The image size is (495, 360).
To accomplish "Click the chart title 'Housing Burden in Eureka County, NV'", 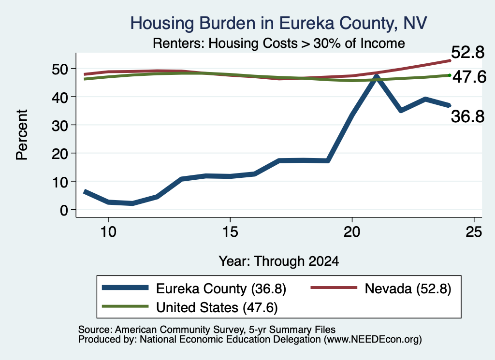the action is tap(278, 23).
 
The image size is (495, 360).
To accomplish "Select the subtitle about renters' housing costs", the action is tap(279, 43).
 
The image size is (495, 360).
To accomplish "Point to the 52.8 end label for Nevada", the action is tap(467, 52).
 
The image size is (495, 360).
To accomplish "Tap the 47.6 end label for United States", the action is tap(469, 77).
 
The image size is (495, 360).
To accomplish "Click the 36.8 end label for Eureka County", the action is tap(467, 116).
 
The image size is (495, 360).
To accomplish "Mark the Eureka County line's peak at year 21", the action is tap(376, 76).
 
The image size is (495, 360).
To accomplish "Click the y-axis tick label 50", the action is tap(60, 69).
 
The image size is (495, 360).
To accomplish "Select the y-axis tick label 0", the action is tap(64, 210).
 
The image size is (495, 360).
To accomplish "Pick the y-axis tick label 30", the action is tap(60, 125).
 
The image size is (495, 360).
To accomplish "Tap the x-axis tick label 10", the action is tap(108, 232).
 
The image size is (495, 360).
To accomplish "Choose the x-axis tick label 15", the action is tap(230, 232).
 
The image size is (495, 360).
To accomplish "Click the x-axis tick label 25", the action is tap(474, 232).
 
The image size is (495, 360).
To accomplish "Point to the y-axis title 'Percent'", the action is tap(22, 135).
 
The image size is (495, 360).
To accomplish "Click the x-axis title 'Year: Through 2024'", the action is tap(279, 261).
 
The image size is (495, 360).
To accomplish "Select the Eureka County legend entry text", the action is tap(221, 288).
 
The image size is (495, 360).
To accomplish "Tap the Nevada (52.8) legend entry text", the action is tap(408, 288).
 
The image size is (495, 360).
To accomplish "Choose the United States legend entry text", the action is tap(217, 307).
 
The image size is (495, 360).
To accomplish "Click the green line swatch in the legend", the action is tap(125, 306).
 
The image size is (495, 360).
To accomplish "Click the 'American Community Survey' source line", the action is tap(207, 330).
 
